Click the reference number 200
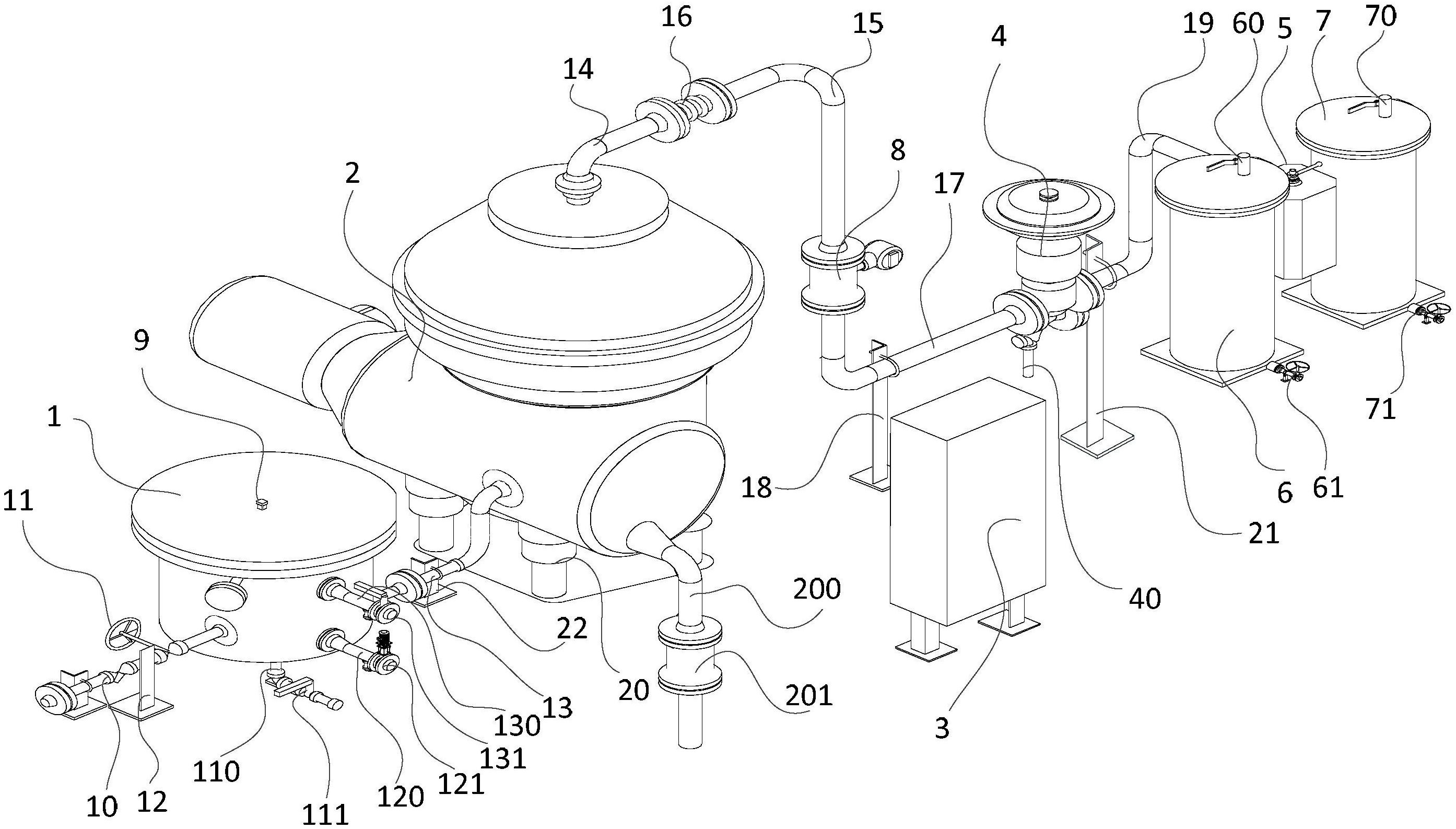click(x=817, y=589)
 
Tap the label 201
click(x=809, y=696)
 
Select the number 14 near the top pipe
click(x=578, y=69)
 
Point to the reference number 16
click(x=676, y=17)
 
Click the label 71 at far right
click(x=1380, y=409)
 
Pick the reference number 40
click(x=1145, y=599)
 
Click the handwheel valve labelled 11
click(x=124, y=633)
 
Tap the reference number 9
click(x=140, y=340)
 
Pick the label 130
click(x=516, y=726)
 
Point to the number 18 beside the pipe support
click(x=756, y=488)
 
